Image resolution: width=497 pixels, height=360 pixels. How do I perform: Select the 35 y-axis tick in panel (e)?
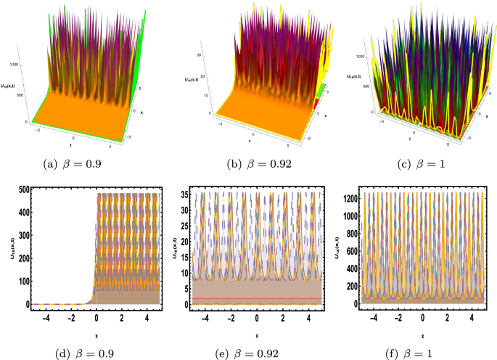[x=186, y=194]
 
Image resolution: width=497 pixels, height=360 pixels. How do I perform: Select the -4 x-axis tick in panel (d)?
[x=44, y=318]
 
